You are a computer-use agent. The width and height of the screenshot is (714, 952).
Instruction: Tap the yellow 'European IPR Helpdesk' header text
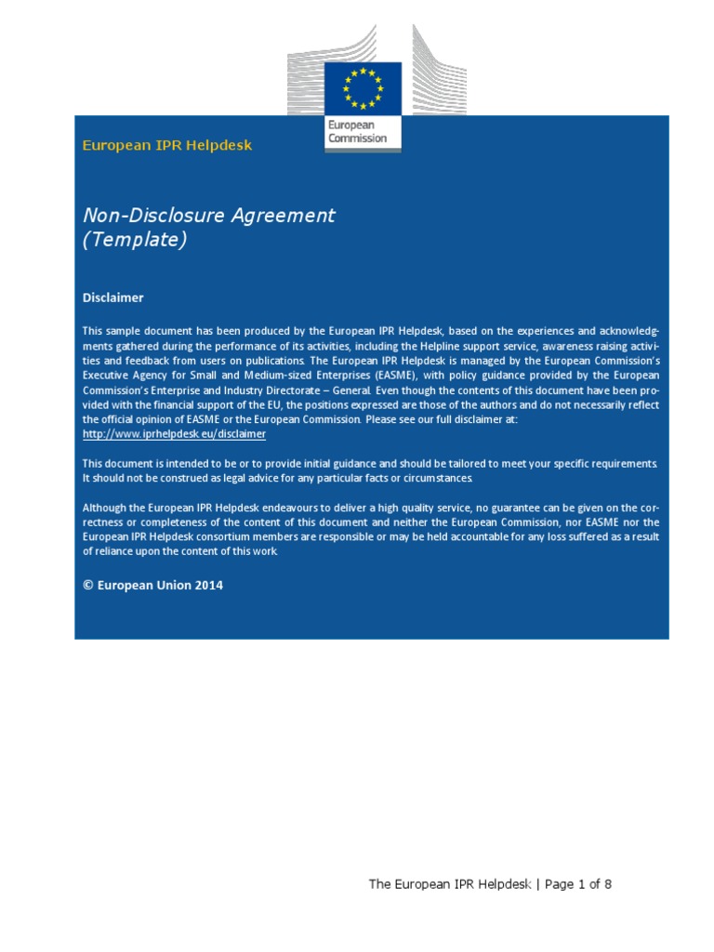tap(167, 145)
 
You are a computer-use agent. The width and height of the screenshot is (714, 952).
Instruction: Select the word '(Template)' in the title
tap(135, 240)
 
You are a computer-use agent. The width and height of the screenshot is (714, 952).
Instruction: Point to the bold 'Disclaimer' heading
tap(113, 297)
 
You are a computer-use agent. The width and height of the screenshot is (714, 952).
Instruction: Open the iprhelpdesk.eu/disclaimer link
tap(174, 434)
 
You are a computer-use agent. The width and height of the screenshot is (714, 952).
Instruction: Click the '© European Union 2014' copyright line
tap(152, 586)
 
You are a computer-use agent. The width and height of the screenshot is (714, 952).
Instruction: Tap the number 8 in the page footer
tap(608, 884)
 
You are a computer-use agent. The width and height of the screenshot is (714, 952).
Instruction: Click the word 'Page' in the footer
tap(560, 884)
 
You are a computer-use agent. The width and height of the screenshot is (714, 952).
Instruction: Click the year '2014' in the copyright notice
tap(209, 586)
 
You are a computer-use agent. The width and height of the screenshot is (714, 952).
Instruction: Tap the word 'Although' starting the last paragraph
tap(106, 508)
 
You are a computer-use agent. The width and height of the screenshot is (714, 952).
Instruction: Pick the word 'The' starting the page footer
tap(379, 884)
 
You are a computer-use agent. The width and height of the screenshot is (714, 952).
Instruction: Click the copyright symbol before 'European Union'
tap(88, 586)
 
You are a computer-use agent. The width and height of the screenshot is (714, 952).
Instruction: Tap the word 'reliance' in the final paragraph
tap(116, 551)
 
